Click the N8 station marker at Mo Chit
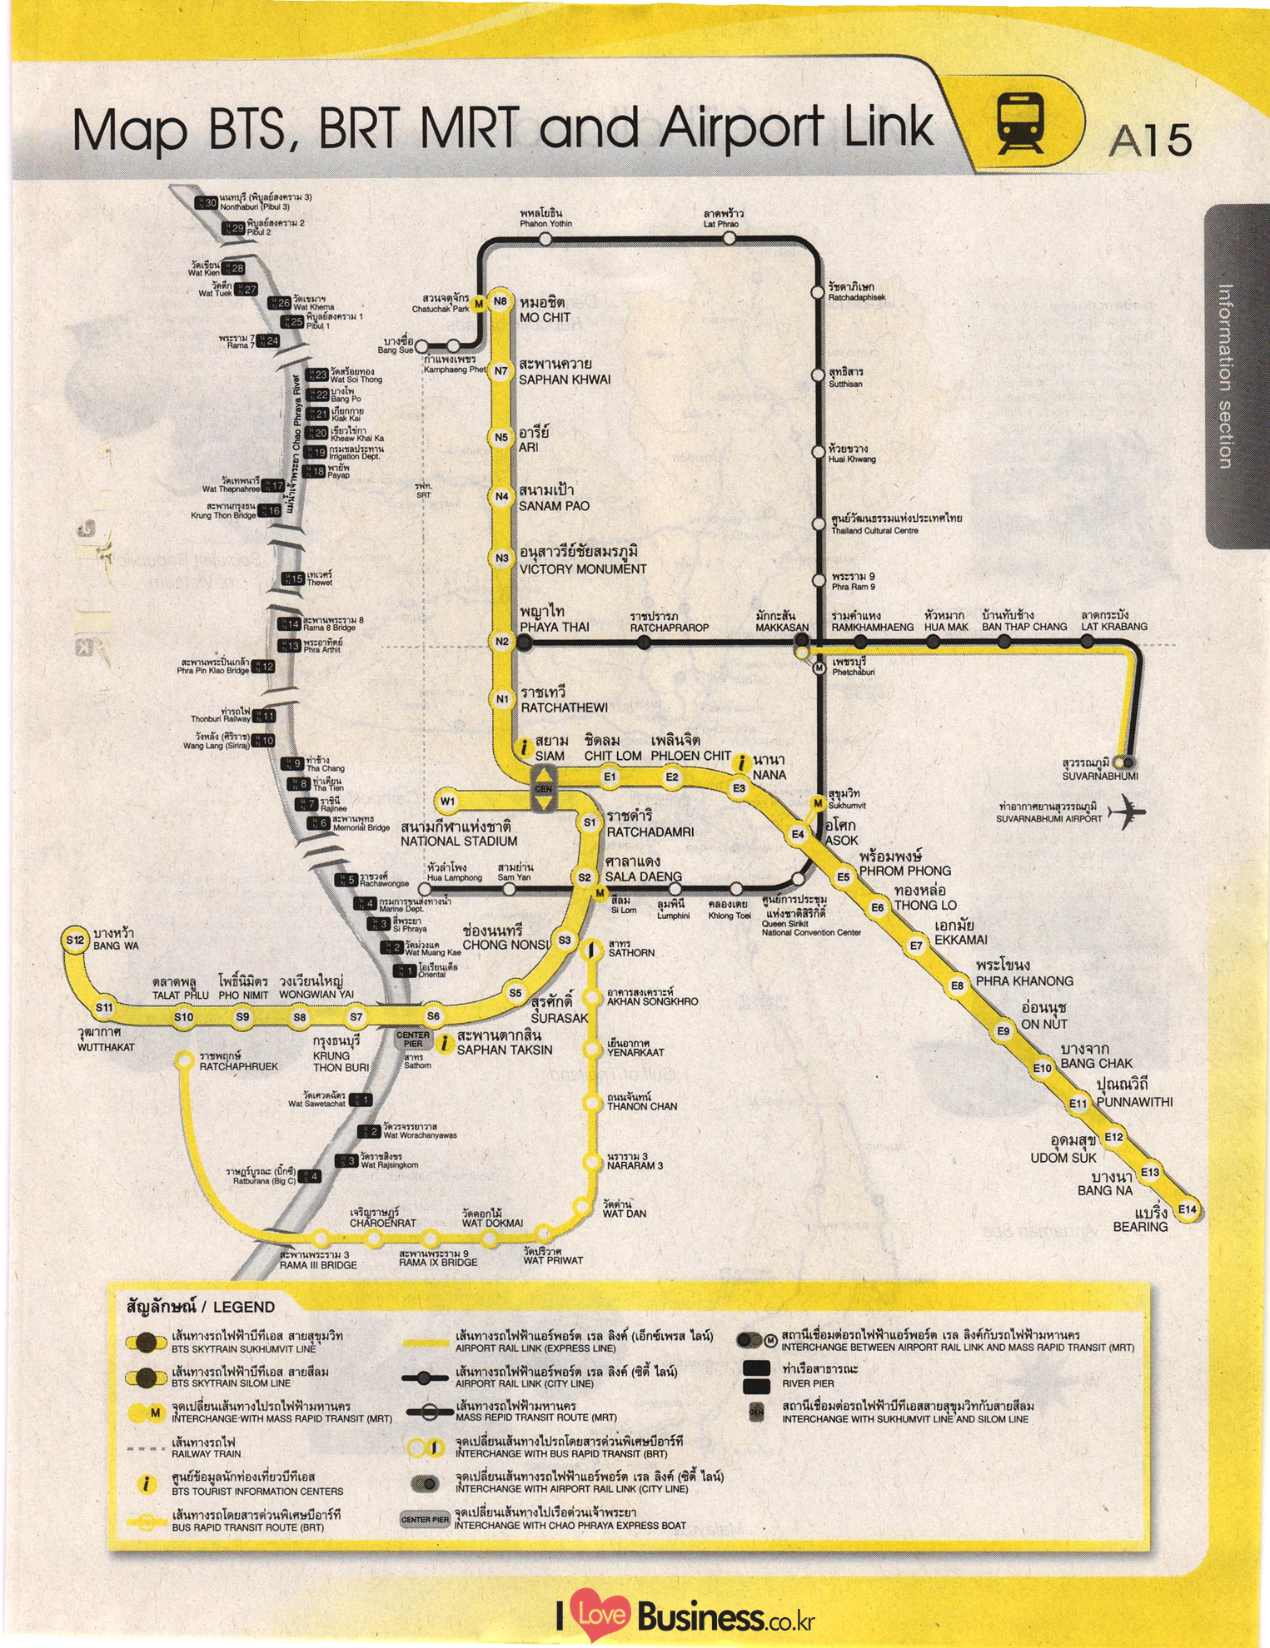pos(500,302)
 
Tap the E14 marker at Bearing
pos(1187,1210)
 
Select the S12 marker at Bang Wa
pos(76,941)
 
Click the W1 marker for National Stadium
pos(447,802)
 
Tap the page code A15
pos(1150,140)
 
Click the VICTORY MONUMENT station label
pos(583,569)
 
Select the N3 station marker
pos(501,558)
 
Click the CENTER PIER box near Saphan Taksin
pos(413,1039)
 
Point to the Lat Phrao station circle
pos(729,238)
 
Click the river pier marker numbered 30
pos(206,203)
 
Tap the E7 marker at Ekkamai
pos(915,946)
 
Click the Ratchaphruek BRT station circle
pos(183,1060)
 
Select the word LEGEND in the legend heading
pos(243,1307)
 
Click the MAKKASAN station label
pos(782,628)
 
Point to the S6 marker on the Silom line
pos(433,1016)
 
